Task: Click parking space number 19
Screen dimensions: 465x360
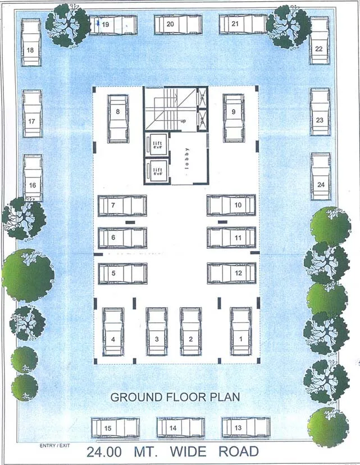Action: point(113,25)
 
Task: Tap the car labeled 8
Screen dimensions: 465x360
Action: point(118,118)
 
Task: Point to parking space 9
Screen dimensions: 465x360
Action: point(234,118)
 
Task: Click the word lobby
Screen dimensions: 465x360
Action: point(188,158)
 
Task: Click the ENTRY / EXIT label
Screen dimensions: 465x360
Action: point(55,446)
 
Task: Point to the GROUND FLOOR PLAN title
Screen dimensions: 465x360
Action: point(175,397)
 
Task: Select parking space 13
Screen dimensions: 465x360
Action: point(245,427)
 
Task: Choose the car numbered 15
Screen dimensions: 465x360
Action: point(115,427)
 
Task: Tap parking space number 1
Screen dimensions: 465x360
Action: point(241,331)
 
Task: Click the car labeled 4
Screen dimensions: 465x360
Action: point(113,331)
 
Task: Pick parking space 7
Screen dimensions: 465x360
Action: point(122,206)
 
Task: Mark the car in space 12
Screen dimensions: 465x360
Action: point(231,273)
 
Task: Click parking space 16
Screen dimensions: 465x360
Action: point(33,178)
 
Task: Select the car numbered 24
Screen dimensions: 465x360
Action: point(321,176)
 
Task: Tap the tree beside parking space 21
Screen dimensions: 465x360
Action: point(288,26)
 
